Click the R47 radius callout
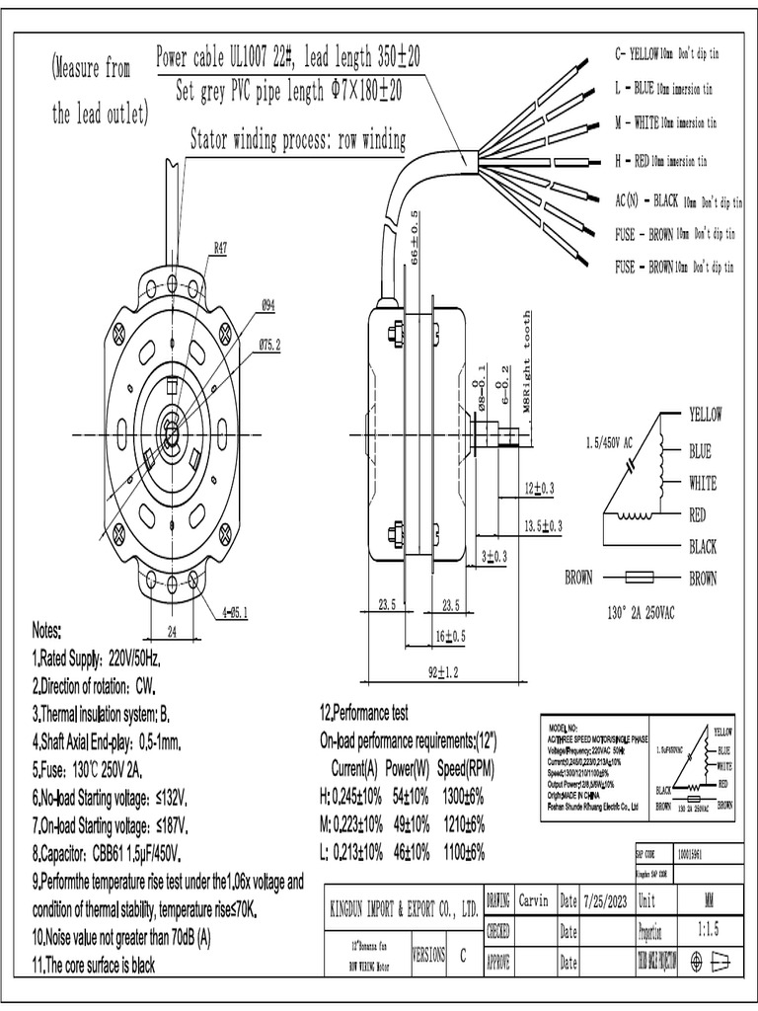220,250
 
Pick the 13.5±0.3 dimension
543,525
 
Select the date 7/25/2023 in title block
606,900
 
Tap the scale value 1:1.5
709,929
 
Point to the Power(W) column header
408,769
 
